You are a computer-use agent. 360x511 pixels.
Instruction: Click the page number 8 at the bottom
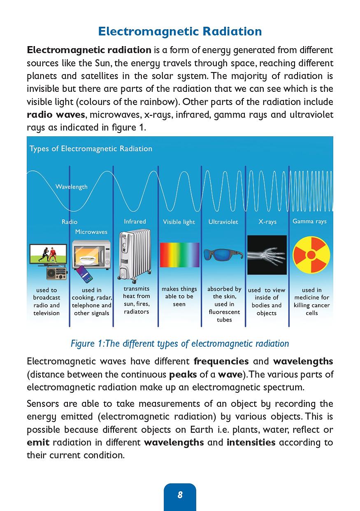180,495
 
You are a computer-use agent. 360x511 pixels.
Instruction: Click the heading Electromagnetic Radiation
180,31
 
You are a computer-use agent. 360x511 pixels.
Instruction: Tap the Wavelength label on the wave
72,187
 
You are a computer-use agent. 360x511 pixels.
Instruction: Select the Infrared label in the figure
135,222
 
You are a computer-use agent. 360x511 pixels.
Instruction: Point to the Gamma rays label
309,221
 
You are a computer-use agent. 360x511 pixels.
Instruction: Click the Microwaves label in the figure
91,232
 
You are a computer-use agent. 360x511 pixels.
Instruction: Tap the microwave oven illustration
92,255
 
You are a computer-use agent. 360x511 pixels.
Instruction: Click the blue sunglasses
224,254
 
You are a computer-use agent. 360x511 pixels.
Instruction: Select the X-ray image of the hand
267,254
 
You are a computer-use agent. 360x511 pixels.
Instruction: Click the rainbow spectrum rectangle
179,255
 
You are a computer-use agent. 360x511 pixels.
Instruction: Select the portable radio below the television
56,274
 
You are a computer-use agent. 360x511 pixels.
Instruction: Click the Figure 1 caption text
180,343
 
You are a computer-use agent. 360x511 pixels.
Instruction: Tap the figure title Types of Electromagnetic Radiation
91,149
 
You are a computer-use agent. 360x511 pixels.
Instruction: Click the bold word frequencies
221,361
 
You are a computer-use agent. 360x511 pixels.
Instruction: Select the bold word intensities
251,442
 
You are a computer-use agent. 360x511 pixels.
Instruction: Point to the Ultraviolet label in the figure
223,222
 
